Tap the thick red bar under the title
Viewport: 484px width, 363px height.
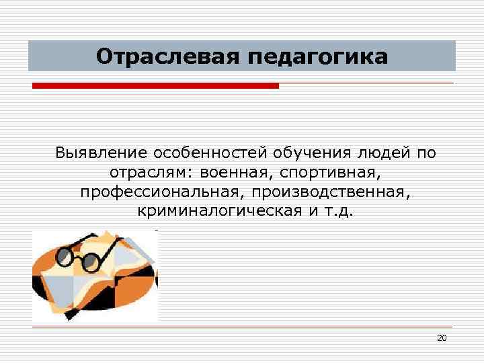tap(155, 86)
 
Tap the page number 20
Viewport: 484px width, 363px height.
tap(441, 337)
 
